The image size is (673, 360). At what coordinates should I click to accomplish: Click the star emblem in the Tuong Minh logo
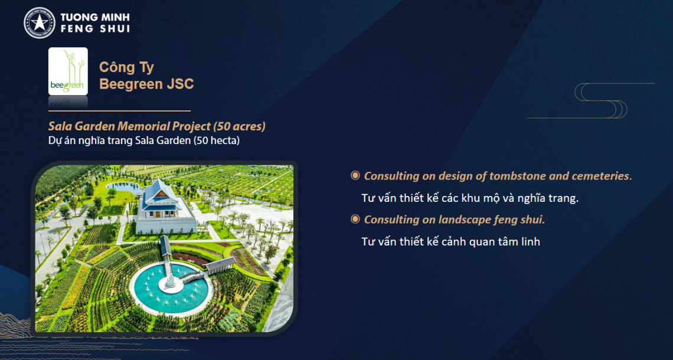pyautogui.click(x=40, y=23)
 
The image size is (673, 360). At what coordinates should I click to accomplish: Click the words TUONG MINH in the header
pyautogui.click(x=95, y=18)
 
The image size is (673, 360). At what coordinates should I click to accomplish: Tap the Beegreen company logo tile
pyautogui.click(x=68, y=71)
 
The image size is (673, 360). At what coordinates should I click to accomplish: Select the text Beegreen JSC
pyautogui.click(x=146, y=84)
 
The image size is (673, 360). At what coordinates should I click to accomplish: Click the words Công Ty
pyautogui.click(x=126, y=67)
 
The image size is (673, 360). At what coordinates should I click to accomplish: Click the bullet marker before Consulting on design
pyautogui.click(x=355, y=175)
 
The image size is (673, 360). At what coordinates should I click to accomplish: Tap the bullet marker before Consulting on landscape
pyautogui.click(x=355, y=220)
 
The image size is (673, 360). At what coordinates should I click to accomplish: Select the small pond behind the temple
pyautogui.click(x=125, y=186)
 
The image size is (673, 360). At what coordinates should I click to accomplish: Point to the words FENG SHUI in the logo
pyautogui.click(x=95, y=29)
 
